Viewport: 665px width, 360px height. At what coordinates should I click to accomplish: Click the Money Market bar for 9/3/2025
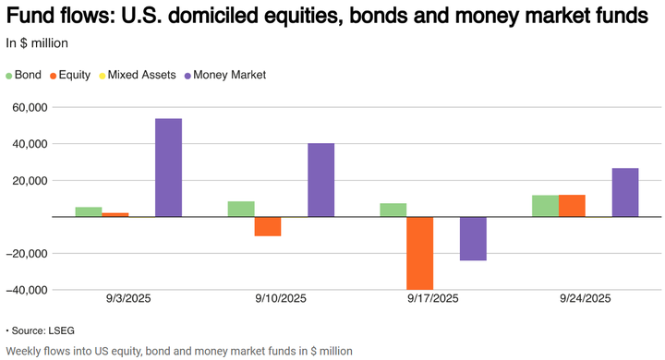tap(168, 168)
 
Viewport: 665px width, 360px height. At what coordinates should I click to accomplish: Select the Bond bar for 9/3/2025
tap(89, 212)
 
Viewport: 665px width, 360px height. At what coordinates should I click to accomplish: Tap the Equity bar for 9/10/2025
tap(268, 226)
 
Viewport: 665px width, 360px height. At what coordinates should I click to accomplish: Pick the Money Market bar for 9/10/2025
tap(320, 180)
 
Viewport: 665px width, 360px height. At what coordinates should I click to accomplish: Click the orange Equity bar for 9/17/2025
tap(420, 253)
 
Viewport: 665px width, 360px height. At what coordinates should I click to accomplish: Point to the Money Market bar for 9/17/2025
tap(473, 238)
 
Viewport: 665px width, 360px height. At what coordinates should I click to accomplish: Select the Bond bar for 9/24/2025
tap(545, 206)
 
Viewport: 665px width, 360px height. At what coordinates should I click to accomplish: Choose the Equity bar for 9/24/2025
tap(572, 206)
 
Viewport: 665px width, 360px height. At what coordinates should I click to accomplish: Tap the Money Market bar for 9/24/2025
tap(624, 192)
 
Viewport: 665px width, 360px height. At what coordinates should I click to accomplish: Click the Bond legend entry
tap(28, 75)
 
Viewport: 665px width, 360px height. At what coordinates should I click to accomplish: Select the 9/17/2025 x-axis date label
tap(433, 299)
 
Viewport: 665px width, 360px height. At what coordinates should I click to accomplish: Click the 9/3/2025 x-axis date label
tap(128, 299)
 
